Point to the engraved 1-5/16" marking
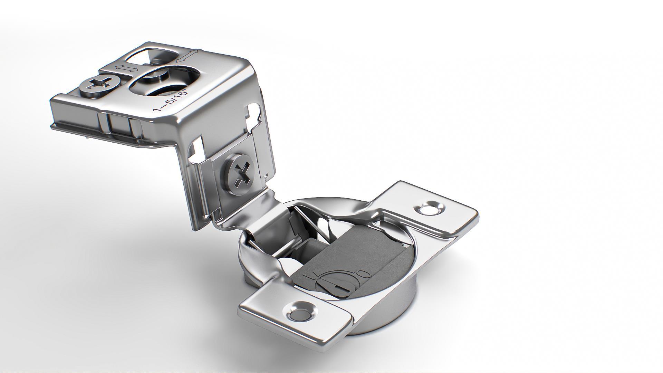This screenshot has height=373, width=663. click(172, 100)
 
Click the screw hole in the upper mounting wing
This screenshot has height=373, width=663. click(430, 209)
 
